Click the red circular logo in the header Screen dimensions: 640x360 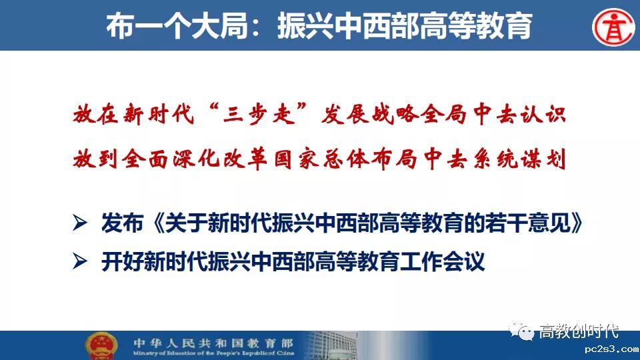pos(613,27)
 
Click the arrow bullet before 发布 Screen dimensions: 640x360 pos(80,223)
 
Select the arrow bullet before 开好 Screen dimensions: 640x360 pos(80,261)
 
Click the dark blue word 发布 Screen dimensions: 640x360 pos(122,223)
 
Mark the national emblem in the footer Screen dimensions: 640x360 pos(101,346)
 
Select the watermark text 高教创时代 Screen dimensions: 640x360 pos(579,331)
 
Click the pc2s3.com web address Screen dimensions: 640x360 pos(611,349)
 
